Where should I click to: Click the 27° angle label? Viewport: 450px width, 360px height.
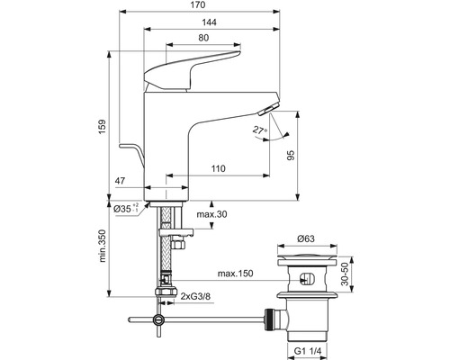click(261, 130)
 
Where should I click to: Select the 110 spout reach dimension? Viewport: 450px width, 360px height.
click(218, 168)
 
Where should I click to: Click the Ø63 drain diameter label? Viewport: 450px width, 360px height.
click(309, 240)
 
